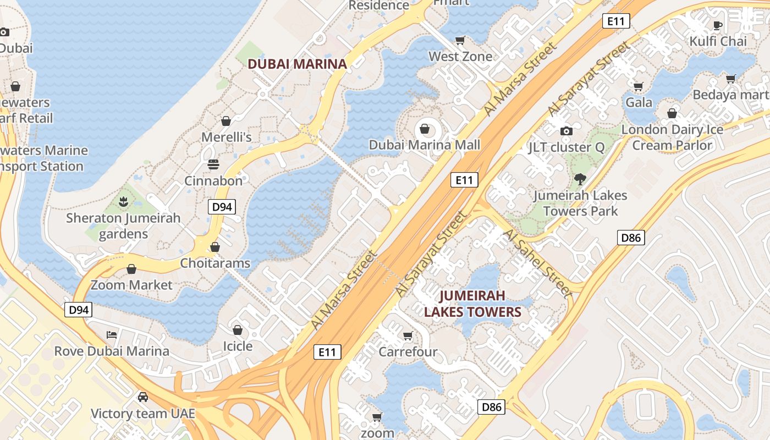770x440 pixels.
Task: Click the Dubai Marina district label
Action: coord(297,64)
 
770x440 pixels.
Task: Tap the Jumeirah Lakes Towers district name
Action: coord(472,304)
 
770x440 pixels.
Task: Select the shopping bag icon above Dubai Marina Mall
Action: coord(425,129)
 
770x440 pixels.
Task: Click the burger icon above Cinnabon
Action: coord(213,164)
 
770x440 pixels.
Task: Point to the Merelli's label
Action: coord(227,137)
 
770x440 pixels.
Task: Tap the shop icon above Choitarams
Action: coord(215,247)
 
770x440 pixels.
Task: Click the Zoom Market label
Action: coord(131,285)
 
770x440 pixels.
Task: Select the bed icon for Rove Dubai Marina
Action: coord(112,334)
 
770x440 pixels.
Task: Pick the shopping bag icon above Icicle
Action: coord(238,330)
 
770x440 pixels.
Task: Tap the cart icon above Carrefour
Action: coord(408,335)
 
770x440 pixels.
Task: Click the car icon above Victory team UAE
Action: coord(143,397)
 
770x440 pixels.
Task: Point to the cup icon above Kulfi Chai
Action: coord(718,25)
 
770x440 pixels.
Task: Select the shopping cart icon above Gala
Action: coord(639,86)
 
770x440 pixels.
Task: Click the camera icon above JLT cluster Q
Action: coord(566,131)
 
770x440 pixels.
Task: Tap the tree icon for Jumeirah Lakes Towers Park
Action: coord(580,179)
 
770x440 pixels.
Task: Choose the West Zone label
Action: coord(460,56)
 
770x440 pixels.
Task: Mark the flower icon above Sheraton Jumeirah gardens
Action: coord(123,202)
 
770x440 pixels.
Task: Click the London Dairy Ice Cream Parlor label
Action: coord(672,137)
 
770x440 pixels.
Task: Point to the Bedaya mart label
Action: coord(729,95)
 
